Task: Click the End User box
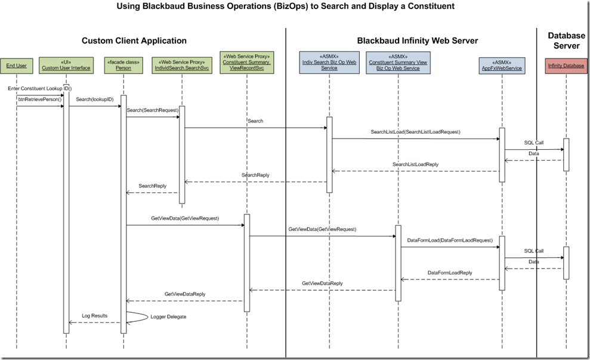point(16,64)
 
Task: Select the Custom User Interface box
point(66,64)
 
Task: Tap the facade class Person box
point(123,64)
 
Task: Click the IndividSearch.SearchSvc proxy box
point(182,64)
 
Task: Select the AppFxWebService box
point(502,64)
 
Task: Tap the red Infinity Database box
point(566,64)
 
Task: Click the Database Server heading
point(566,41)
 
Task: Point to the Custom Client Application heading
point(134,41)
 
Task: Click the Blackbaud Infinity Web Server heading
point(418,41)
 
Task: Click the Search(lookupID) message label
point(94,99)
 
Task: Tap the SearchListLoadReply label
point(415,164)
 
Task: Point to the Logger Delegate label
point(168,316)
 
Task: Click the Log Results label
point(95,315)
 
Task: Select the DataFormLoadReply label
point(450,272)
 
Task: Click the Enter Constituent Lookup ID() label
point(40,88)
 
